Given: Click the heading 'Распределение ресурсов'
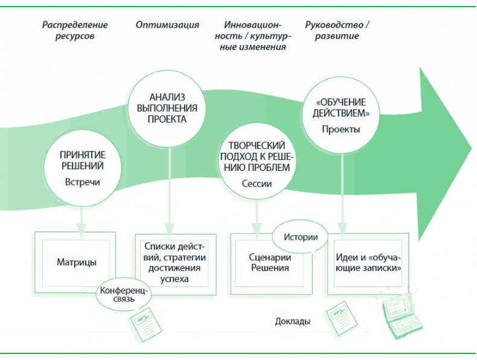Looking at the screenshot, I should (x=75, y=30).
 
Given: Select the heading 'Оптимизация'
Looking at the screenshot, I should (x=167, y=25).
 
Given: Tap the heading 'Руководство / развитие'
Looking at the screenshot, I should (x=337, y=30).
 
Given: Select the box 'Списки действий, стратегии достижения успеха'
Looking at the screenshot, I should (x=174, y=262).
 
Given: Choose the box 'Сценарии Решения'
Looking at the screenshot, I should (x=270, y=262).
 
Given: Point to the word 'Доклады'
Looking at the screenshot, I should (x=293, y=321).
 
